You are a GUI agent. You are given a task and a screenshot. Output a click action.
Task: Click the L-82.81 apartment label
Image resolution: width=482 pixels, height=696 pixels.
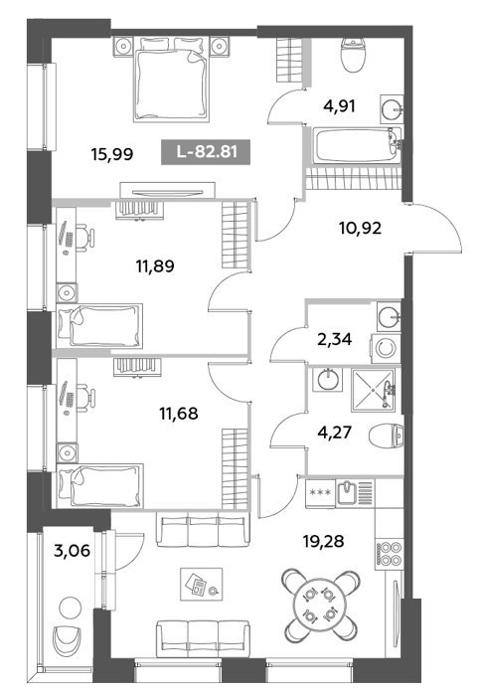pyautogui.click(x=206, y=152)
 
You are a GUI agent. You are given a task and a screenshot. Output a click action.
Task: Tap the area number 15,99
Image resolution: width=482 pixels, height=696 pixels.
pyautogui.click(x=112, y=154)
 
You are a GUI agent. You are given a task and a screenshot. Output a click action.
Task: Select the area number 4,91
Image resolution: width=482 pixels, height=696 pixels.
pyautogui.click(x=340, y=106)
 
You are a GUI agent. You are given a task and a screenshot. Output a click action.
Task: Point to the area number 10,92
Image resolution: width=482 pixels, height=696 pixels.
pyautogui.click(x=360, y=228)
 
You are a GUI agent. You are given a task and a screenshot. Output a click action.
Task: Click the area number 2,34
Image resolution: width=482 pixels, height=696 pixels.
pyautogui.click(x=335, y=340)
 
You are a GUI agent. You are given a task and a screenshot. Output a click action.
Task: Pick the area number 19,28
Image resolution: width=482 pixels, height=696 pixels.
pyautogui.click(x=324, y=542)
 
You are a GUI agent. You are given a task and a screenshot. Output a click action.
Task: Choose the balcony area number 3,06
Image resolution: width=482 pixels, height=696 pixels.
pyautogui.click(x=72, y=551)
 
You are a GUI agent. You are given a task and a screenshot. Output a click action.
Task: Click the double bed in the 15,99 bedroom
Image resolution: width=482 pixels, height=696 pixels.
pyautogui.click(x=171, y=79)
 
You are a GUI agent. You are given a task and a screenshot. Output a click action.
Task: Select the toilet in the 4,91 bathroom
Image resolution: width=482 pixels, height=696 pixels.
pyautogui.click(x=353, y=54)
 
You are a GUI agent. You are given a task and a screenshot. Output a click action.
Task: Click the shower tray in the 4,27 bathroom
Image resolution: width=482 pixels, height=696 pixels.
pyautogui.click(x=373, y=390)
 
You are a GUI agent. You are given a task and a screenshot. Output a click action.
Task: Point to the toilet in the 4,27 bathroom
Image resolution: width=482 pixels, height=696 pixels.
pyautogui.click(x=386, y=435)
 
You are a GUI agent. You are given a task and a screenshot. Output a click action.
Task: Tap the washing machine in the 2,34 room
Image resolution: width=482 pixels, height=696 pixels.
pyautogui.click(x=386, y=348)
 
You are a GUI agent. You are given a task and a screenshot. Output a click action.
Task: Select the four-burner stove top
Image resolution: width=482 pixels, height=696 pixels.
pyautogui.click(x=390, y=554)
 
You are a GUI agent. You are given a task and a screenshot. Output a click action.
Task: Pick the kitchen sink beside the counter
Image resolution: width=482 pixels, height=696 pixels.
pyautogui.click(x=347, y=493)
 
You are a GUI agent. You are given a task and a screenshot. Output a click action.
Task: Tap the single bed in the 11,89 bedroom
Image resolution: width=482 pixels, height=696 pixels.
pyautogui.click(x=99, y=326)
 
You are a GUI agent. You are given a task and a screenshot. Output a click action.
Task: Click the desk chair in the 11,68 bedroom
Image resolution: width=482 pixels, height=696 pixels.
pyautogui.click(x=84, y=398)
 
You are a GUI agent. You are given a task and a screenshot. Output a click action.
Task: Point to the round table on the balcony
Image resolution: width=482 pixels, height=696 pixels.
pyautogui.click(x=71, y=608)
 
